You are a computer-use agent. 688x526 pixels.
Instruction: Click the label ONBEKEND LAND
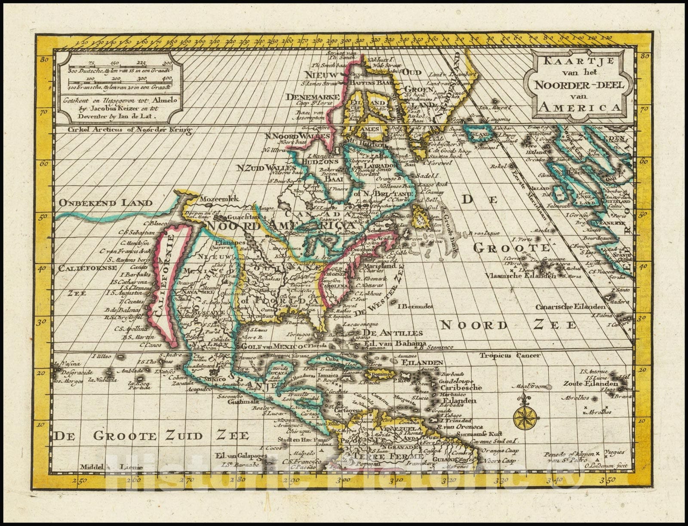point(106,203)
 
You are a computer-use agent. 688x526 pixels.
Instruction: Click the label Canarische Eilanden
point(571,307)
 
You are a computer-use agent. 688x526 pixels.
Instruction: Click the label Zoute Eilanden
point(594,383)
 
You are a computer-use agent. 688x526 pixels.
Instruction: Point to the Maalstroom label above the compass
point(526,387)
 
